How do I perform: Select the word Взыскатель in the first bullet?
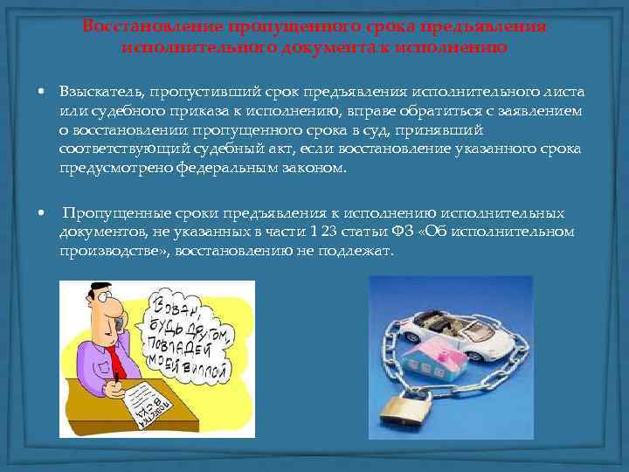coord(99,91)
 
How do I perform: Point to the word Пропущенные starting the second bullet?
coord(108,212)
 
